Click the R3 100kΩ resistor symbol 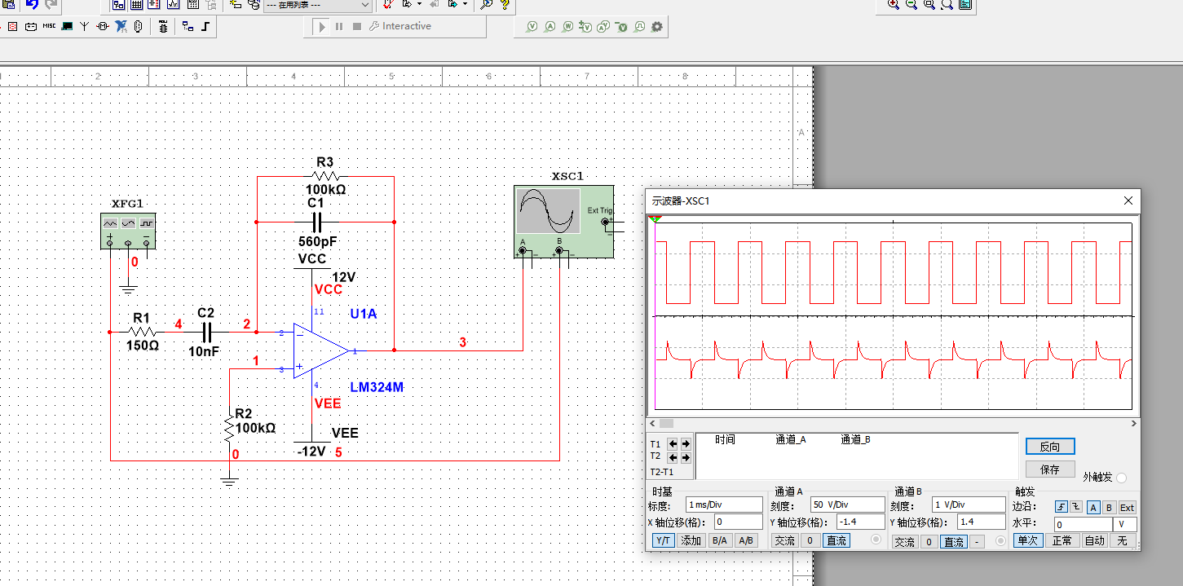click(325, 175)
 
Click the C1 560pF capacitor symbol click(316, 222)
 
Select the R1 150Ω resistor click(143, 332)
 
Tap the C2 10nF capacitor click(206, 332)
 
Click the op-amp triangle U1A click(320, 350)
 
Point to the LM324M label click(377, 387)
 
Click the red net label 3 click(463, 342)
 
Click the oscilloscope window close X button click(1128, 200)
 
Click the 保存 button click(1050, 469)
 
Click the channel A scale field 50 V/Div click(847, 504)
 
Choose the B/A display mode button click(719, 540)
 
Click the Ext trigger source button click(1126, 507)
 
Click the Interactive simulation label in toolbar click(406, 26)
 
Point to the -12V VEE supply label click(311, 451)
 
